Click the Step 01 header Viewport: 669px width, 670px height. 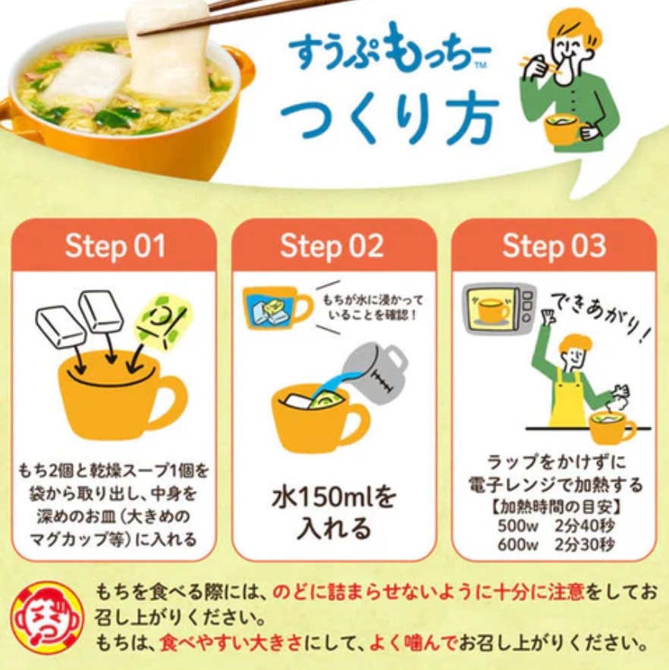(115, 246)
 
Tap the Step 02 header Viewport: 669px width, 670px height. (332, 246)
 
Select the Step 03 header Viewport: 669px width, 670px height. (554, 246)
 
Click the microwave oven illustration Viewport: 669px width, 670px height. (499, 309)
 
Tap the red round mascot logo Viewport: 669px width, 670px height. (48, 618)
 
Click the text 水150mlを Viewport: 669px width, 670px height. (334, 498)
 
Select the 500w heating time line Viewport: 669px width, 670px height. (556, 525)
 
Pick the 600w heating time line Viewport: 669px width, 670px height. (556, 544)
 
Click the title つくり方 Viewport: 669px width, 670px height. (390, 119)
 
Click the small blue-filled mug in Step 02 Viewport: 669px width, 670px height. (276, 308)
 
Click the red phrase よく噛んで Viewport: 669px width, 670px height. (413, 643)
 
